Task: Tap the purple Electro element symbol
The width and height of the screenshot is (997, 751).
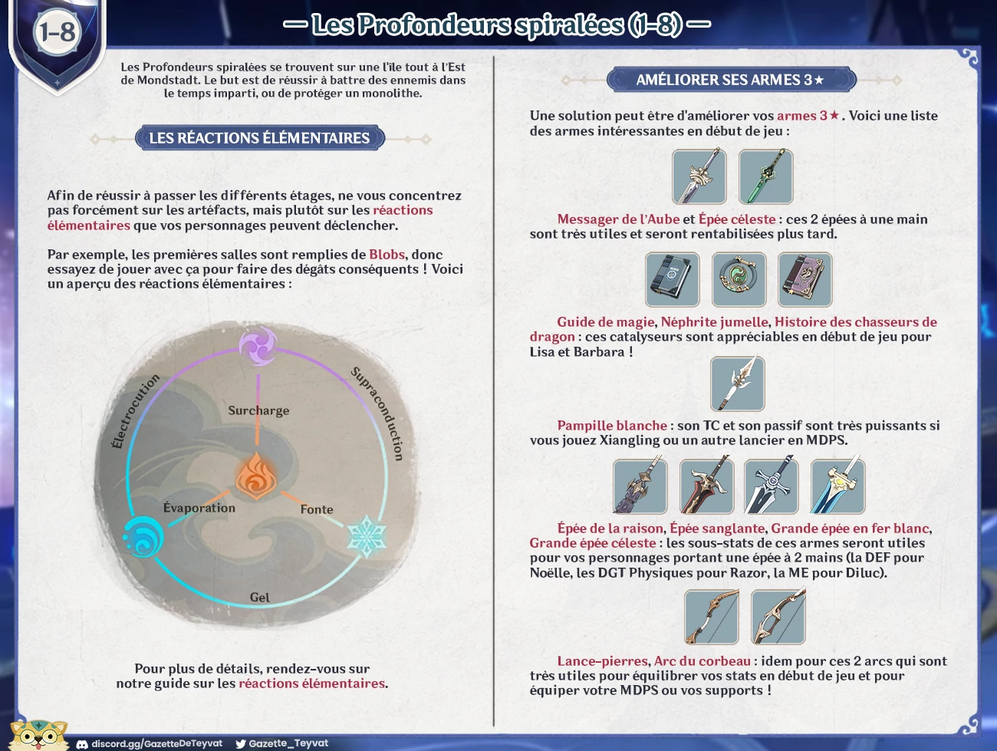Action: point(258,345)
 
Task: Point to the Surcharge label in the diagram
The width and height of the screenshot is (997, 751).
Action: point(258,410)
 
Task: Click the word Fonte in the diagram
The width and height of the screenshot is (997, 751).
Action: point(317,509)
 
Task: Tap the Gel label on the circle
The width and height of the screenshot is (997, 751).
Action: point(260,598)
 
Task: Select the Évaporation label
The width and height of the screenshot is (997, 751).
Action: point(199,508)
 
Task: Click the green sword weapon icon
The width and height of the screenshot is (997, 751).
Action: point(765,176)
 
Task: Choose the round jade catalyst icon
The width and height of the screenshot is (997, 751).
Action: point(739,279)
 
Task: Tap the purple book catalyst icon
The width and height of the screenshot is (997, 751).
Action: point(805,279)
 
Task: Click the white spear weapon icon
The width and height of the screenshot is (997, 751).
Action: point(738,384)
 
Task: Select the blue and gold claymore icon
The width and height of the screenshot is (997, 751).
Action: point(837,486)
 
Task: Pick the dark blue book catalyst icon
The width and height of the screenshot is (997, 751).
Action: point(673,279)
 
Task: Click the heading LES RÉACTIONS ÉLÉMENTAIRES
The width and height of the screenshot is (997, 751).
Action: point(259,138)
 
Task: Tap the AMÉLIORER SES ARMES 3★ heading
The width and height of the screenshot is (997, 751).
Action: point(730,80)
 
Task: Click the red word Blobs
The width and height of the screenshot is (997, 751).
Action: point(387,255)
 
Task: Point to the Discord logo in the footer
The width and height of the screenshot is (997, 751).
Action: point(82,744)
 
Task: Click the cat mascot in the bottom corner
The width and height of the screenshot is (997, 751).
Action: point(38,735)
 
